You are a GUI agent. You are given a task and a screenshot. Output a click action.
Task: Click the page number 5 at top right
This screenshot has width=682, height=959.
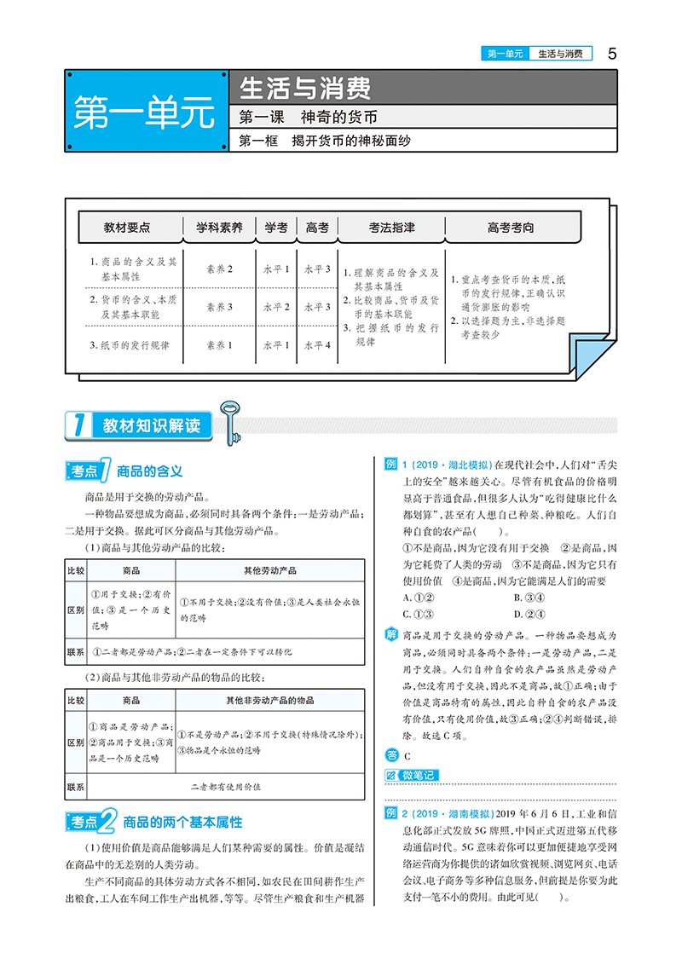(x=611, y=53)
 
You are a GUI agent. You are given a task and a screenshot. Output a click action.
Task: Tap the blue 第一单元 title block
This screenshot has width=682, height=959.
(x=144, y=113)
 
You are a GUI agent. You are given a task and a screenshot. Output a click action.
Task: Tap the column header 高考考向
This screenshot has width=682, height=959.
(x=511, y=228)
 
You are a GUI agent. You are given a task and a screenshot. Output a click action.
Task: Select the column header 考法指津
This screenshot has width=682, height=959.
(x=391, y=228)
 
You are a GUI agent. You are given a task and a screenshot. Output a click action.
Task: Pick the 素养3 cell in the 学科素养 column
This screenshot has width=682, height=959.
(x=219, y=307)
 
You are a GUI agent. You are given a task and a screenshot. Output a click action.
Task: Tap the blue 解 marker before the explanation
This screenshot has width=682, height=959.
(x=391, y=635)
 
